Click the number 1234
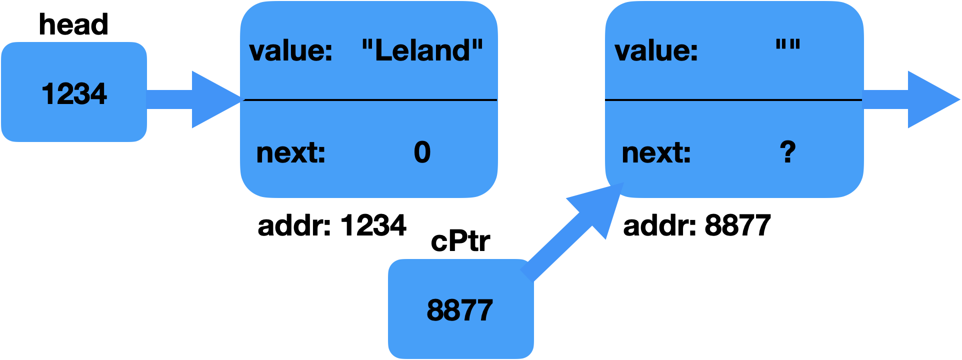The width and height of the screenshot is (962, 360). point(74,94)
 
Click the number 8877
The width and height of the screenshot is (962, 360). point(459,310)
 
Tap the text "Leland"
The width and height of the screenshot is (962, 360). point(422,50)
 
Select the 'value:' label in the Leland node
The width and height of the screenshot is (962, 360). point(290,51)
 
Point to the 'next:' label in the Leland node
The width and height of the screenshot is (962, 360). point(290,153)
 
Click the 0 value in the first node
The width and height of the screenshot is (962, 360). point(422,152)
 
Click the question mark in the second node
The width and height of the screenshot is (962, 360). point(787,152)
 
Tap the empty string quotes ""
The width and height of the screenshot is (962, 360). point(787,46)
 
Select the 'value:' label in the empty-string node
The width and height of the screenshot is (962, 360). point(656,51)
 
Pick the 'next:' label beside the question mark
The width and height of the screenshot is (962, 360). point(656,153)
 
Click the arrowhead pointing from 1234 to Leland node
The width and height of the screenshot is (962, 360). point(212,99)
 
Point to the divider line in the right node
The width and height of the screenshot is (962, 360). point(734,100)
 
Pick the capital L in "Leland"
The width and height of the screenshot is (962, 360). point(383,50)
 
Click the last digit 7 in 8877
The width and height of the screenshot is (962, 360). point(484,310)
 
